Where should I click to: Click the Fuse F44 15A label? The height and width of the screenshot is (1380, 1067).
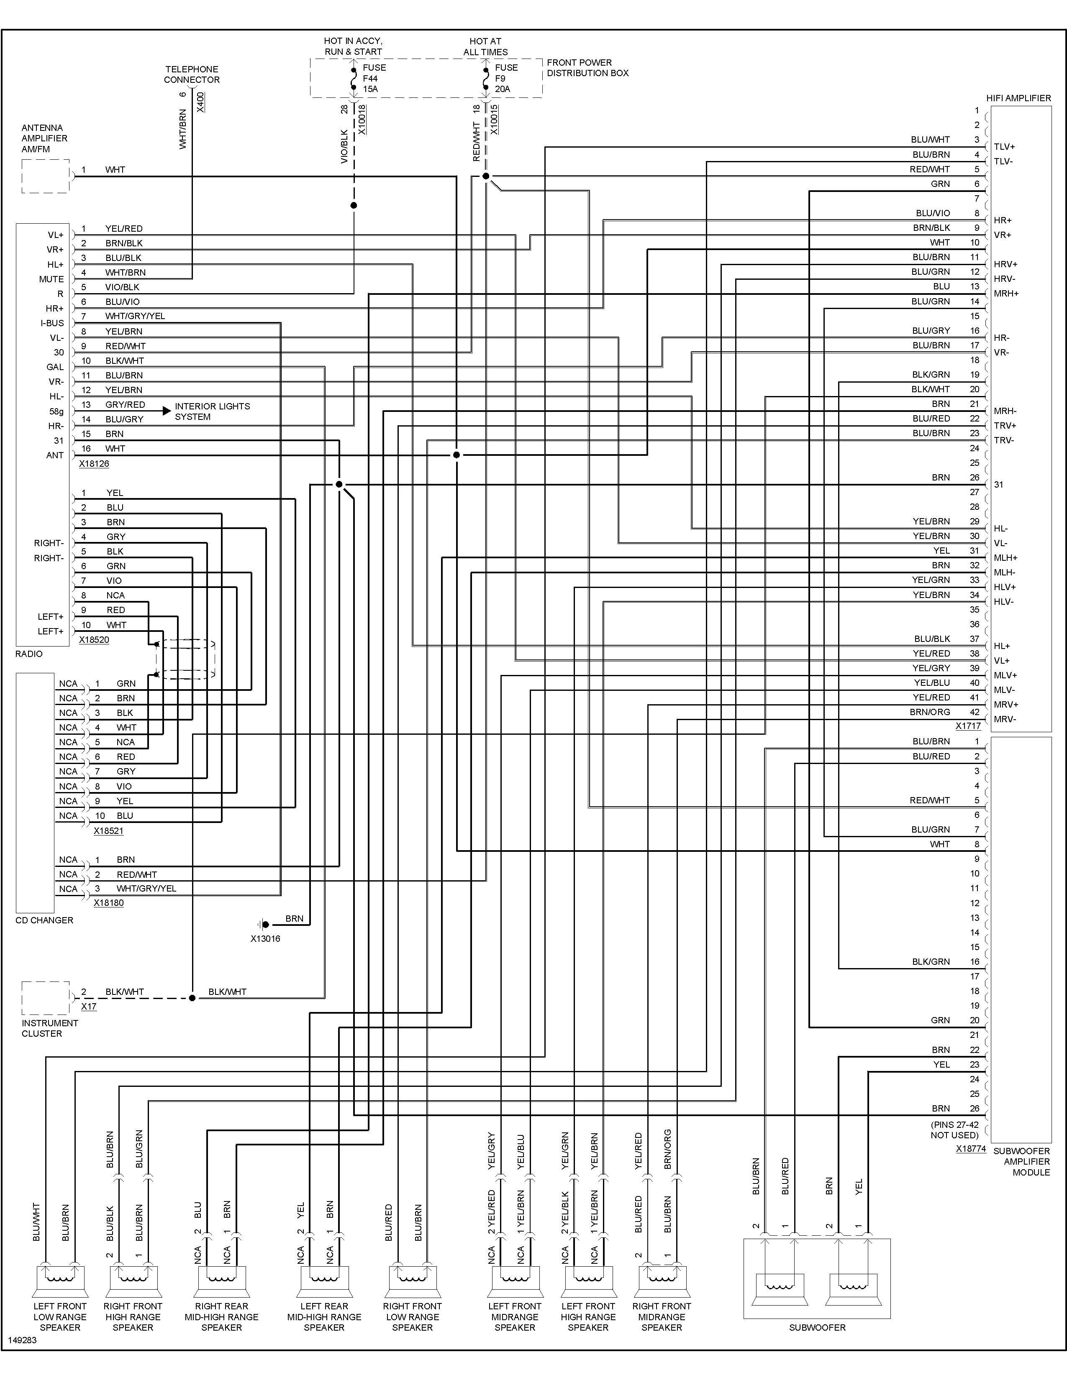[374, 78]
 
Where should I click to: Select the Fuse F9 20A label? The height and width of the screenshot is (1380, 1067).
[506, 78]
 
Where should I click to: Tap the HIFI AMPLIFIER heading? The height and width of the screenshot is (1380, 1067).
[1018, 98]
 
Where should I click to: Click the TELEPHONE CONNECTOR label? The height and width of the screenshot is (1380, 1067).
[192, 74]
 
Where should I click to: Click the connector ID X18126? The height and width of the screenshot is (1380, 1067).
[94, 464]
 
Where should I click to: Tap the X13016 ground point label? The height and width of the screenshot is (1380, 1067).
[265, 939]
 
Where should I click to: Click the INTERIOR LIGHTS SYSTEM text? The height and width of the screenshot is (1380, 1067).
[213, 411]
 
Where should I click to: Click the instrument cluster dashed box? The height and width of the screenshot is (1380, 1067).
[46, 998]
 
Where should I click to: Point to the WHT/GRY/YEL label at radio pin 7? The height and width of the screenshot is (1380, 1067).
[135, 316]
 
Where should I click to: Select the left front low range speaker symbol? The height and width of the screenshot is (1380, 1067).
[60, 1280]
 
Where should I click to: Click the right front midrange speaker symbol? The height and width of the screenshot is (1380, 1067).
[662, 1280]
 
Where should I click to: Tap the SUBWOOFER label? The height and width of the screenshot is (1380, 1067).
[817, 1328]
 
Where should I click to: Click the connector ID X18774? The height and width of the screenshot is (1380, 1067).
[971, 1149]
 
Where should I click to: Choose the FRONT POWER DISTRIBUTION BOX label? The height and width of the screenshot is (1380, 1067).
[588, 68]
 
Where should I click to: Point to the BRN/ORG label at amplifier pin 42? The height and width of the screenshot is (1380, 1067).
[930, 712]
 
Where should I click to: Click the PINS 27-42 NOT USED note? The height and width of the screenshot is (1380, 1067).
[954, 1130]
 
